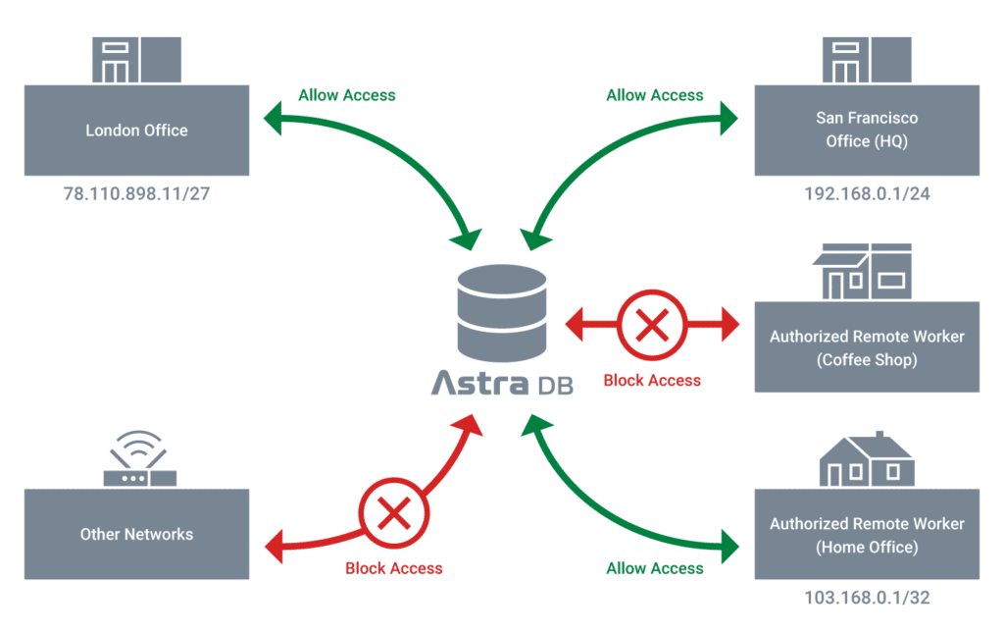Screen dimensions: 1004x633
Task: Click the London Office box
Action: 136,131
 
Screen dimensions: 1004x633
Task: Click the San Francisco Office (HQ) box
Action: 867,131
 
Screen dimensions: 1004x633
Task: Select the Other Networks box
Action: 136,534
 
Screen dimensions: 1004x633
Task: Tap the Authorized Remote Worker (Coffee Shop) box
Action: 867,346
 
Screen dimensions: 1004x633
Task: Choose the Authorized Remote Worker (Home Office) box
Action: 867,534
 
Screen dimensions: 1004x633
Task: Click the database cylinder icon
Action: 502,313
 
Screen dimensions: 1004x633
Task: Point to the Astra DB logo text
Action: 502,383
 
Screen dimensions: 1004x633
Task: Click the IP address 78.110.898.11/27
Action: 136,193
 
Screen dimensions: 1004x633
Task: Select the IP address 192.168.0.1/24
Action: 867,193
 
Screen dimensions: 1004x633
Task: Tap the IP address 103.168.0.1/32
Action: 867,597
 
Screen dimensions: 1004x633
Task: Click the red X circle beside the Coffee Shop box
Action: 652,325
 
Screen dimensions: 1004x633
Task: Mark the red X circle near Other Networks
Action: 394,512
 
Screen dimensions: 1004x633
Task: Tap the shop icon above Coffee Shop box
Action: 863,272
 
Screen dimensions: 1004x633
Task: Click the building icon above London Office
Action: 136,60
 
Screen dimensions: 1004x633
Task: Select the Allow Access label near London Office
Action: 347,95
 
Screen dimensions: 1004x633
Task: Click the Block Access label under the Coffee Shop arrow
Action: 652,381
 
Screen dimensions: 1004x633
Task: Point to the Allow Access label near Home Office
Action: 654,568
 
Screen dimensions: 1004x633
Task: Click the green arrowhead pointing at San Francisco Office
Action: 728,118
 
